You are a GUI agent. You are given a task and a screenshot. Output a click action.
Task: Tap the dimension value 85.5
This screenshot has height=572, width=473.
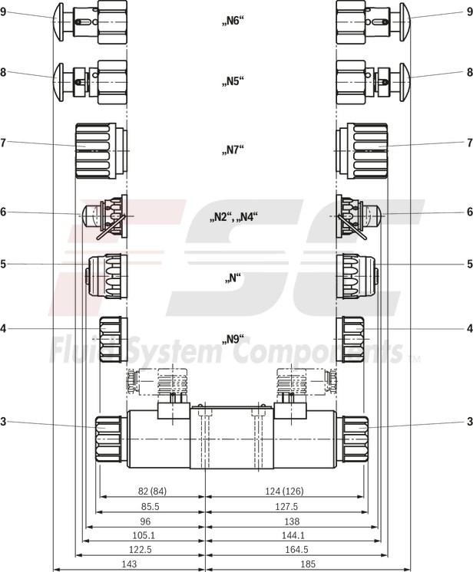pyautogui.click(x=150, y=506)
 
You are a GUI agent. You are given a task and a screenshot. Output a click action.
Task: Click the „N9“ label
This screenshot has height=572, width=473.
pyautogui.click(x=233, y=339)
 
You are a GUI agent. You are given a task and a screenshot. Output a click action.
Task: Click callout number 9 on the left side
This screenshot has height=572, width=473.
pyautogui.click(x=4, y=12)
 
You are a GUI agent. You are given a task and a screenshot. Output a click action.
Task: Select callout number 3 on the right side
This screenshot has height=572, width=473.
pyautogui.click(x=468, y=420)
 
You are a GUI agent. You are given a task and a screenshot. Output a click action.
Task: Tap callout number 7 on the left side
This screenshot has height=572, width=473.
pyautogui.click(x=4, y=143)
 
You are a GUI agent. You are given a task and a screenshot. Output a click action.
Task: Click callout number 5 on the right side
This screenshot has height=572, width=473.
pyautogui.click(x=468, y=264)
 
